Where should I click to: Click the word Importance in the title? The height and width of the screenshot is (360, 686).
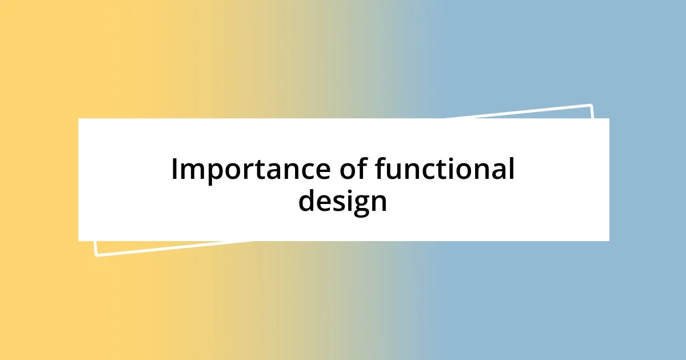coord(241,170)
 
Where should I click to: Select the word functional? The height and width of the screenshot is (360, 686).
coord(444,170)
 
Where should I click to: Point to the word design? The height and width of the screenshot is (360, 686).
coord(342,202)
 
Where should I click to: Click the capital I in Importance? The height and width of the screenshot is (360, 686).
coord(175,170)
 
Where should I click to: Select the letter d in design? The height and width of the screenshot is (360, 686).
coord(306,201)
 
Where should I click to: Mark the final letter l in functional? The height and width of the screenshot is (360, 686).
coord(510,169)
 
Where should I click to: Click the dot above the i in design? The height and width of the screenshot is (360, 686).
coord(346,191)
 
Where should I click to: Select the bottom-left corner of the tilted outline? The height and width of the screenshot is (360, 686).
coord(97,254)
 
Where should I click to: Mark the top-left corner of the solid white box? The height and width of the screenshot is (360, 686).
coord(79,119)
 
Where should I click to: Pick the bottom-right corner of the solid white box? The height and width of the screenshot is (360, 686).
coord(608,240)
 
